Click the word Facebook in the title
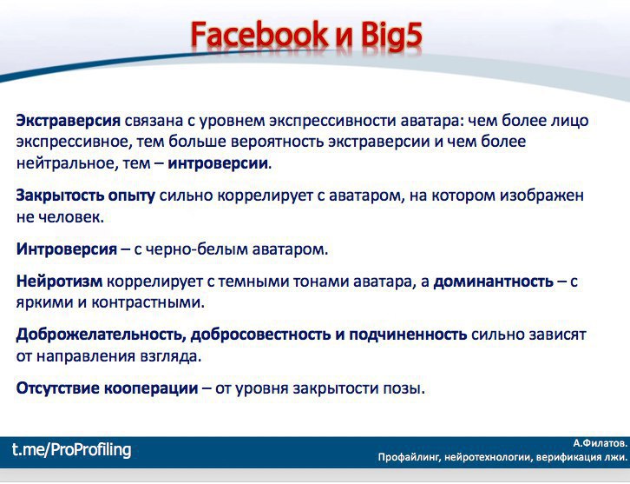[x=259, y=35]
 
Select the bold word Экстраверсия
[x=69, y=121]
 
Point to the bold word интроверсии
[x=217, y=163]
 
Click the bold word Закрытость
[x=60, y=196]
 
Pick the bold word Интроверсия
[x=67, y=249]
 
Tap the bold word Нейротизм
[x=59, y=282]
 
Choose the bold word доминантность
[x=494, y=282]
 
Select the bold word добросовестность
[x=260, y=335]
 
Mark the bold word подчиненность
[x=407, y=335]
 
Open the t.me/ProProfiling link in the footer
[x=71, y=449]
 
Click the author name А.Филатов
[x=600, y=444]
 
